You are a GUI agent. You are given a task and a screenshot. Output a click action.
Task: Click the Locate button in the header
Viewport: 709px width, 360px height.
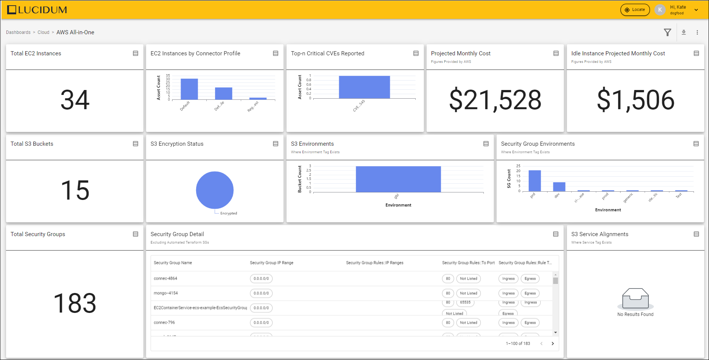tap(635, 10)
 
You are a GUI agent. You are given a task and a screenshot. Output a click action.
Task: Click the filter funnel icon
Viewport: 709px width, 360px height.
tap(667, 32)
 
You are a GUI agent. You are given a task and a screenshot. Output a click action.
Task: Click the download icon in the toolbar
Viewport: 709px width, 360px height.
tap(684, 32)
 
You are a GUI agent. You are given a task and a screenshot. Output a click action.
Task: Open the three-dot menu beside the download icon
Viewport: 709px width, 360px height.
tap(697, 32)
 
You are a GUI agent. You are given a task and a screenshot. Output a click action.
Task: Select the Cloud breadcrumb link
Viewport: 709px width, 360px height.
tap(43, 32)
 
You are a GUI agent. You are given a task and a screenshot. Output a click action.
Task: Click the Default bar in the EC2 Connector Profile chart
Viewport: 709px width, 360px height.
tap(189, 89)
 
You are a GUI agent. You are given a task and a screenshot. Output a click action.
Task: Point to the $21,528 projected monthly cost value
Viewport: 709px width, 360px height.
tap(495, 100)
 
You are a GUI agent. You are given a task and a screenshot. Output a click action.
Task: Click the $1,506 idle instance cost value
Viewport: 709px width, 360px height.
tap(635, 100)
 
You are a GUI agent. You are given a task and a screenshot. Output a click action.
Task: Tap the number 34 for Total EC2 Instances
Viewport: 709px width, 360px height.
tap(75, 100)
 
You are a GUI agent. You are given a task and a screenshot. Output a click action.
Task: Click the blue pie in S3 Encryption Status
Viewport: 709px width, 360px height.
tap(215, 190)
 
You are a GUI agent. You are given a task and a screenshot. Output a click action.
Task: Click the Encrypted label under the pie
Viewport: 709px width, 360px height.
tap(229, 214)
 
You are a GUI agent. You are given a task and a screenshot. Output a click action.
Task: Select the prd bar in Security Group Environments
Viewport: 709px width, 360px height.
tap(535, 181)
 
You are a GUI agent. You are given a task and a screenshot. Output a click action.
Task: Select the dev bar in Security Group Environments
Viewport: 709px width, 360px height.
tap(559, 187)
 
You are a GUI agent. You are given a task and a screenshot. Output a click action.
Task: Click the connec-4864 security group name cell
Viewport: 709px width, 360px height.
tap(165, 279)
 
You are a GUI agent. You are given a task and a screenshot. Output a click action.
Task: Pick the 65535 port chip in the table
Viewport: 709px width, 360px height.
tap(465, 302)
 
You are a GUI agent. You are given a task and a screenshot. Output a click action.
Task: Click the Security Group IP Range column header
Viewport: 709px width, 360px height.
tap(271, 263)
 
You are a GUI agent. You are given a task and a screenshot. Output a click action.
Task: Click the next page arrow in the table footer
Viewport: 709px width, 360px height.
tap(552, 343)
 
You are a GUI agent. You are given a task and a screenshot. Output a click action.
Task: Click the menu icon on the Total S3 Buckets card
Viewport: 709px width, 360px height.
tap(136, 144)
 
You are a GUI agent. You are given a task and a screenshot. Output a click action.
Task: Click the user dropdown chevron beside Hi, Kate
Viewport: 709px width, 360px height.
tap(696, 10)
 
